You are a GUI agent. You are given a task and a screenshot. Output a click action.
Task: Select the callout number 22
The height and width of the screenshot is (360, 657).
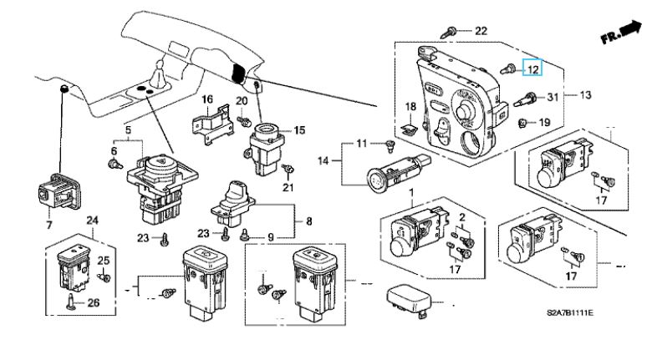(x=481, y=31)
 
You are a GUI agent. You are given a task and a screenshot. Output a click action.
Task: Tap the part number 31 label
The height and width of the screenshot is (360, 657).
(x=553, y=97)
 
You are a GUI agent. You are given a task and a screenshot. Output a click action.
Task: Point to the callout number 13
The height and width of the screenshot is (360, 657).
(x=585, y=95)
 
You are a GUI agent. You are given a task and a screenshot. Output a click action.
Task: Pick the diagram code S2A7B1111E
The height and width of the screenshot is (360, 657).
(x=570, y=312)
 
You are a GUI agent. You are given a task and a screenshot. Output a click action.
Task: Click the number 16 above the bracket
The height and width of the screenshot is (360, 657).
(x=207, y=99)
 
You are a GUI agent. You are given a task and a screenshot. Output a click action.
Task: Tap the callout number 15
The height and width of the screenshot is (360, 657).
(x=299, y=130)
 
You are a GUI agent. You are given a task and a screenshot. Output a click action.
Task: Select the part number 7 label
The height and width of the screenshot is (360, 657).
(x=49, y=225)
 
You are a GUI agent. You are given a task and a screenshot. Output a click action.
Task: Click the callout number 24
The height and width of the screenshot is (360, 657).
(x=92, y=220)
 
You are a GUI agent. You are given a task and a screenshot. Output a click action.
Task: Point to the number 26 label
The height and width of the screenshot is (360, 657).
(x=93, y=302)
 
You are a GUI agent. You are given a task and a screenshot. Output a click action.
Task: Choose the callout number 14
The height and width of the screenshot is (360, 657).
(x=323, y=160)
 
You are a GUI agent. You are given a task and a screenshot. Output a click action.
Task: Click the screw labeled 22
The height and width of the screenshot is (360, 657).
(x=449, y=32)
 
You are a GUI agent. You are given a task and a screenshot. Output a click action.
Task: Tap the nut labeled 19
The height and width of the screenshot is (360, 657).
(x=522, y=122)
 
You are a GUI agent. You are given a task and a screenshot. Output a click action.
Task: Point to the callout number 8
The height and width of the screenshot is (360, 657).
(x=308, y=221)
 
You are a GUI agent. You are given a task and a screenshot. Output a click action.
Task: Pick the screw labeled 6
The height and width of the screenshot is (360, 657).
(x=115, y=163)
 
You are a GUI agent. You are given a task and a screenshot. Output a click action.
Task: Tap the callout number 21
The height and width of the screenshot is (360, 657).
(x=288, y=187)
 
